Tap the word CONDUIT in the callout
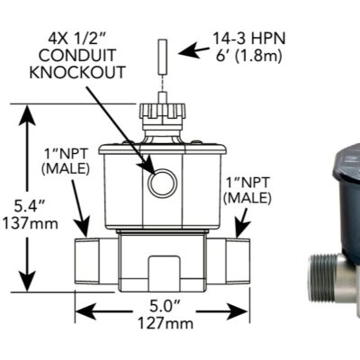tap(85, 56)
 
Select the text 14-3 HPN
tap(247, 39)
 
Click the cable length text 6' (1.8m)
tap(247, 56)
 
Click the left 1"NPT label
tap(60, 160)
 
